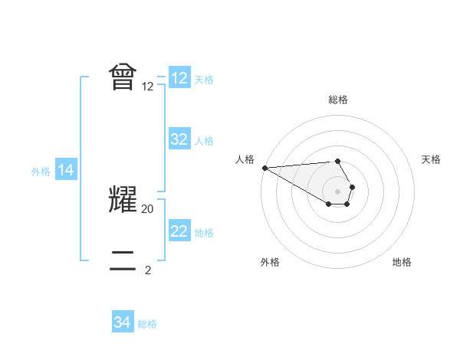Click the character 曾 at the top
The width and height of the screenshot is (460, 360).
pos(123,77)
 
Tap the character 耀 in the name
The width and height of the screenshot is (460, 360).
pos(123,199)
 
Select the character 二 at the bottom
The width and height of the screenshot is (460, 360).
pos(123,260)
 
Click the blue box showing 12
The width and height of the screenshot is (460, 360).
pos(179,78)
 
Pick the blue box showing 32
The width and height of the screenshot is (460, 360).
pos(179,139)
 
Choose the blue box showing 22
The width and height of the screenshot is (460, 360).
pos(179,231)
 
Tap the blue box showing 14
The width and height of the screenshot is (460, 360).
pos(66,170)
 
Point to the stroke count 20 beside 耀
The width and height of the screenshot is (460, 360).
pos(148,208)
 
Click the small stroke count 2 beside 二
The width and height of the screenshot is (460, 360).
pos(148,270)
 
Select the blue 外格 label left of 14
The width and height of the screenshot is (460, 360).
pos(41,172)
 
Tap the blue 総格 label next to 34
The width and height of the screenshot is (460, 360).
pos(147,324)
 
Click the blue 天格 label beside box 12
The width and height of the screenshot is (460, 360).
pos(204,80)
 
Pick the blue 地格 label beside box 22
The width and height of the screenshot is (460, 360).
pos(204,233)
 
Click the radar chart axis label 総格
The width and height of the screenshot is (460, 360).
pos(338,100)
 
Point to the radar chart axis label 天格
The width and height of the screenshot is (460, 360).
pos(432,159)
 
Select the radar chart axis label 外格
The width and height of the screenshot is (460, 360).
pos(270,262)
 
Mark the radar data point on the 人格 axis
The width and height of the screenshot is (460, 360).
pos(264,167)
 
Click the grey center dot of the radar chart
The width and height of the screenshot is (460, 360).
pos(337,191)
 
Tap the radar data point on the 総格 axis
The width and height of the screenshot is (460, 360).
pos(337,161)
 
